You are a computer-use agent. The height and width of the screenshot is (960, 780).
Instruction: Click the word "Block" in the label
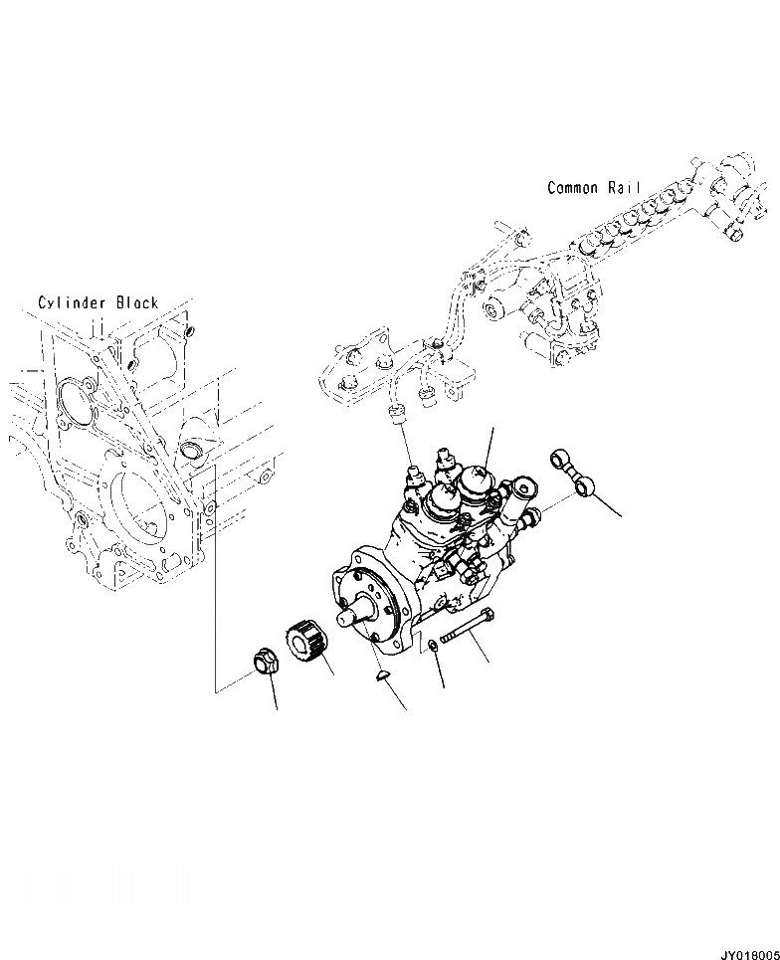136,302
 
